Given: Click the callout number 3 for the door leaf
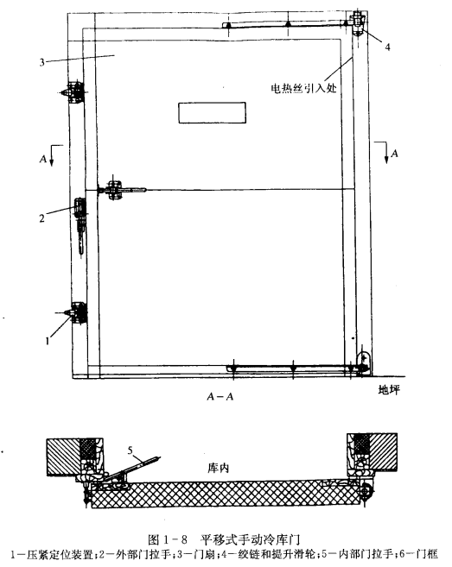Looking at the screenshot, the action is point(42,62).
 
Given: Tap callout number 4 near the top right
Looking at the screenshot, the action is point(387,47).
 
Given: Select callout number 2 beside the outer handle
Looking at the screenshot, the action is point(42,218).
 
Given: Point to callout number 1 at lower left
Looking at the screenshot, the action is point(47,340).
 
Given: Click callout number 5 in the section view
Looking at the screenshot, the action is point(131,450).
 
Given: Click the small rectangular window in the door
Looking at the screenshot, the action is point(213,113).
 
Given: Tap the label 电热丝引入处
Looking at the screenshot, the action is point(304,88).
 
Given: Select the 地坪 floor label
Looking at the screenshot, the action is point(389,390).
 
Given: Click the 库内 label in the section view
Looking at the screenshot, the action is point(218,469).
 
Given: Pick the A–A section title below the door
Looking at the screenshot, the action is point(220,397).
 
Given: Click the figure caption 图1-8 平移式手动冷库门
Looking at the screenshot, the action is point(224,540).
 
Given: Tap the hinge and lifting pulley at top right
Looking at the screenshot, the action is point(359,22).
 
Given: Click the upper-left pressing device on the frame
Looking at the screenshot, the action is point(74,92).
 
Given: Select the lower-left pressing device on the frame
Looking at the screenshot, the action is point(75,312).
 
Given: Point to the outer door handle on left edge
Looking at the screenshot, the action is point(80,227).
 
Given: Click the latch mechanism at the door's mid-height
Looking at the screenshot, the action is point(120,189).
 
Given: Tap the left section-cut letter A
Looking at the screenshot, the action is point(43,159).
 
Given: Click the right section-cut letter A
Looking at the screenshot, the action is point(394,154).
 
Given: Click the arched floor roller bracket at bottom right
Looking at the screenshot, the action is point(364,362).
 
